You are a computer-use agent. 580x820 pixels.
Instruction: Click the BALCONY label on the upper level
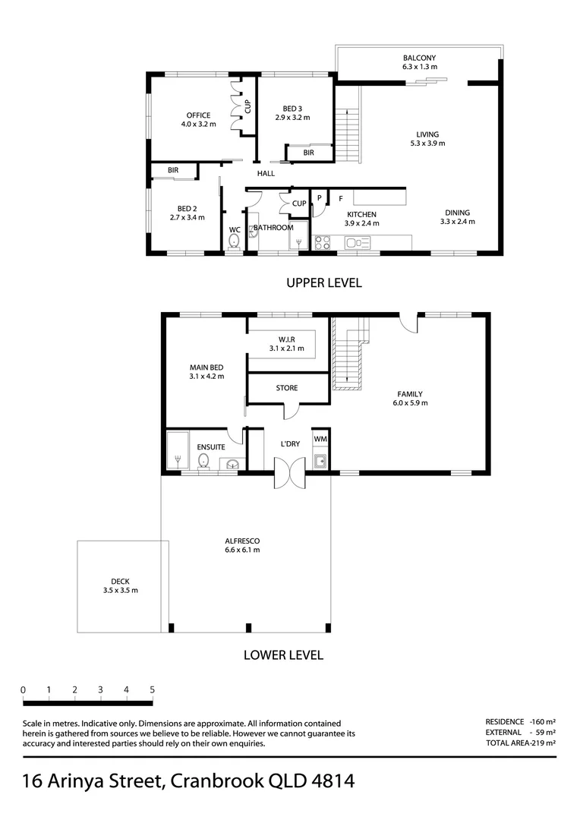coord(419,58)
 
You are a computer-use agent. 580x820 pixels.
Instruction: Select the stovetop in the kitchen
coord(322,243)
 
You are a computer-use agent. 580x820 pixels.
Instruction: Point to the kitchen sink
coord(358,243)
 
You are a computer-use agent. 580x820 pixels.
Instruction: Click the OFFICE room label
coord(198,115)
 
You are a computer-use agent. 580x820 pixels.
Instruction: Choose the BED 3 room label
coord(292,109)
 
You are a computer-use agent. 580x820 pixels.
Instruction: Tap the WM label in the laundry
coord(320,440)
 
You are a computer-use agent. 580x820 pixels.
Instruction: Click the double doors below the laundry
coord(290,473)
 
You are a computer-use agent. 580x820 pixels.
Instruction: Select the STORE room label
coord(287,388)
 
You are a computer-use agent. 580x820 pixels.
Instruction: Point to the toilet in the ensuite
coord(203,462)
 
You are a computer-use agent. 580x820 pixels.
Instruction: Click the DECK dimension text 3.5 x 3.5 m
coord(120,591)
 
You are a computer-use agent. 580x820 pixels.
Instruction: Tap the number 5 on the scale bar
coord(152,689)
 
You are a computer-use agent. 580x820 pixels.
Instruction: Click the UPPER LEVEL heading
coord(324,283)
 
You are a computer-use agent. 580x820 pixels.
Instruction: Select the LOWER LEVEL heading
coord(283,655)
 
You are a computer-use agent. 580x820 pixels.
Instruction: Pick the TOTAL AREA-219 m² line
coord(520,743)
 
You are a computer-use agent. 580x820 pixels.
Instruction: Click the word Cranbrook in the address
coord(217,781)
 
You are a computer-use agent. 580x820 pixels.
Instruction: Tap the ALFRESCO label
coord(242,541)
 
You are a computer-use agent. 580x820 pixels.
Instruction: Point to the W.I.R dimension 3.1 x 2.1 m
coord(287,348)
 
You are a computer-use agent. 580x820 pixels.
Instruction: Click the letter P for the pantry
coord(319,199)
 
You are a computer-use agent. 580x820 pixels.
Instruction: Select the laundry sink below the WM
coord(320,461)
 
